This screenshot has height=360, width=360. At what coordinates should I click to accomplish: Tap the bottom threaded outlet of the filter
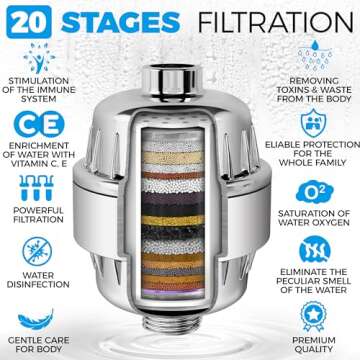(180, 336)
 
